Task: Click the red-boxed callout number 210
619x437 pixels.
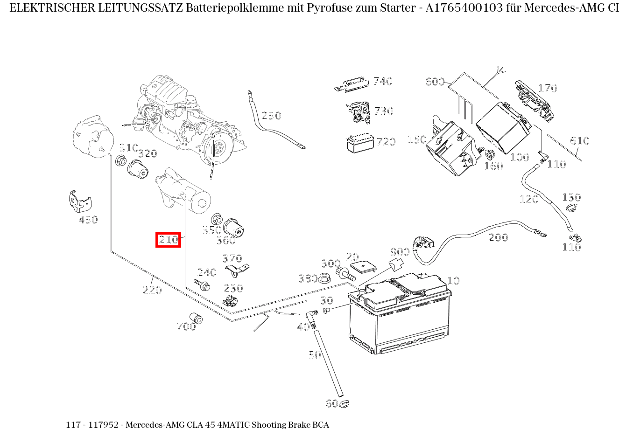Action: (x=168, y=240)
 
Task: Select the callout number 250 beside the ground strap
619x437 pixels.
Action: (x=271, y=116)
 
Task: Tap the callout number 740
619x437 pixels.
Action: (x=382, y=81)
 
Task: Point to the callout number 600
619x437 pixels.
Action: (x=435, y=82)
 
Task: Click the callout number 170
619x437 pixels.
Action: (x=548, y=88)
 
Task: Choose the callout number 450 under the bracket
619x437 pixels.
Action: (x=88, y=220)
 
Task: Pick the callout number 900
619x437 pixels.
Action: (x=400, y=252)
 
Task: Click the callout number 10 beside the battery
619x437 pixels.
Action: (x=453, y=281)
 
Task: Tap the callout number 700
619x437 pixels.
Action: (x=186, y=327)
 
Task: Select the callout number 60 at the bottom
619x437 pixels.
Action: (x=331, y=403)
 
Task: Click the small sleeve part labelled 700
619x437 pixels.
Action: (x=197, y=319)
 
